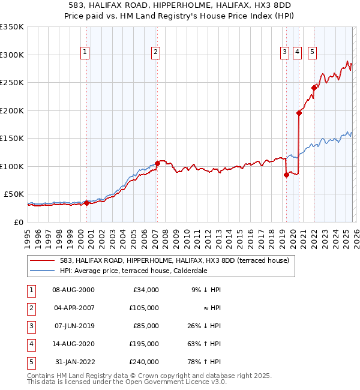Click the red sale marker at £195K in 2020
[299, 113]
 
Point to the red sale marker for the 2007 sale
[157, 163]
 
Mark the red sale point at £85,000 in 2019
[286, 175]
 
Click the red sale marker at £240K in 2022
[314, 88]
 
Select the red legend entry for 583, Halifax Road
[174, 260]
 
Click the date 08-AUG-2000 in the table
[74, 290]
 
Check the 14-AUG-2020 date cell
[74, 344]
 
